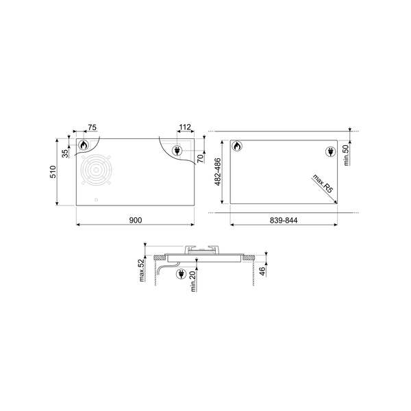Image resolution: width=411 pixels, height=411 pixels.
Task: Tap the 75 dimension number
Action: tap(92, 128)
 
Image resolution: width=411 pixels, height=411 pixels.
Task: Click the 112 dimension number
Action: tap(183, 128)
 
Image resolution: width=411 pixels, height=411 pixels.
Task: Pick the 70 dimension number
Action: tap(200, 159)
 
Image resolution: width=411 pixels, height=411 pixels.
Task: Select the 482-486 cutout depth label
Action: tap(219, 173)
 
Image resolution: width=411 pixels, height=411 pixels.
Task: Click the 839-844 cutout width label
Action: tap(282, 219)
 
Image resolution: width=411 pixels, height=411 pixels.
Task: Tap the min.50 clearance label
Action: tap(347, 154)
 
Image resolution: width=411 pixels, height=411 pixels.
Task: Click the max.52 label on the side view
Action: tap(142, 270)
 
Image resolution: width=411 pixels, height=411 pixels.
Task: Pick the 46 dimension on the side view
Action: tap(262, 271)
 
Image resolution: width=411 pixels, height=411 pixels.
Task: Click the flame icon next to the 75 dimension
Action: tap(83, 145)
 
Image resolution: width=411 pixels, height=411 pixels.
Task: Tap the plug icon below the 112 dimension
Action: tap(177, 150)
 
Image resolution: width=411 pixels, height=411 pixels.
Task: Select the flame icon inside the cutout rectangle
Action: tap(236, 147)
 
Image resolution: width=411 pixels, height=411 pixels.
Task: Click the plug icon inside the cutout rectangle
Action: tap(329, 152)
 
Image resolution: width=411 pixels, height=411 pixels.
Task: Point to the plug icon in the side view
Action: tap(182, 274)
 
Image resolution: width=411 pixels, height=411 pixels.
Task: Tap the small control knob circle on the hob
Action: tap(96, 201)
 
